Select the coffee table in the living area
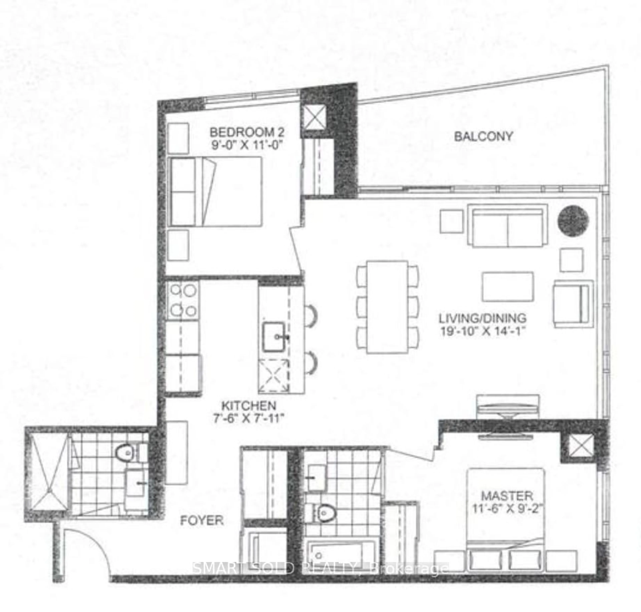508,286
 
